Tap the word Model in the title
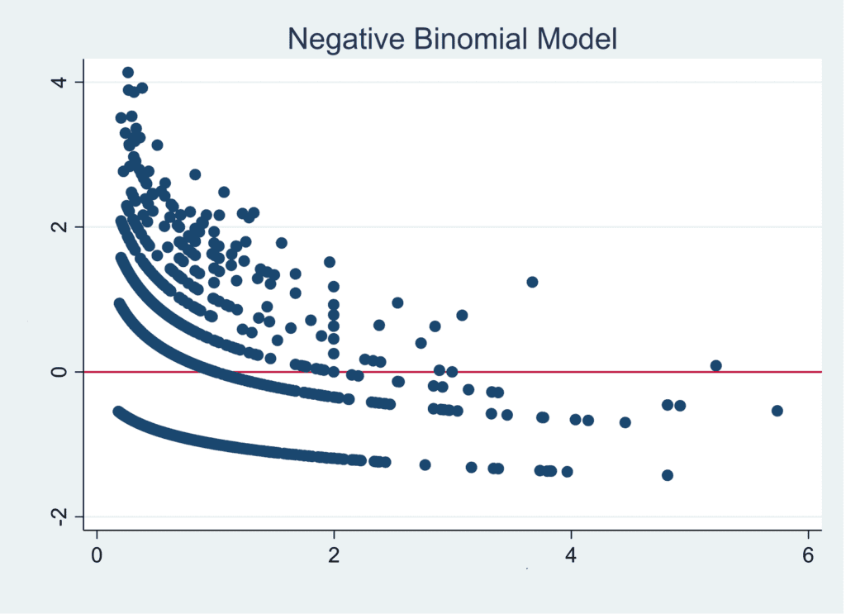pos(579,38)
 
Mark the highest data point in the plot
pos(128,73)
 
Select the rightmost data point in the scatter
pos(777,411)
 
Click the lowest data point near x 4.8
pos(668,475)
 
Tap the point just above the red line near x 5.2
pos(716,365)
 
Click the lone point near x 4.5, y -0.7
pos(625,422)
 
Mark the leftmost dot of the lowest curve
pos(118,411)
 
